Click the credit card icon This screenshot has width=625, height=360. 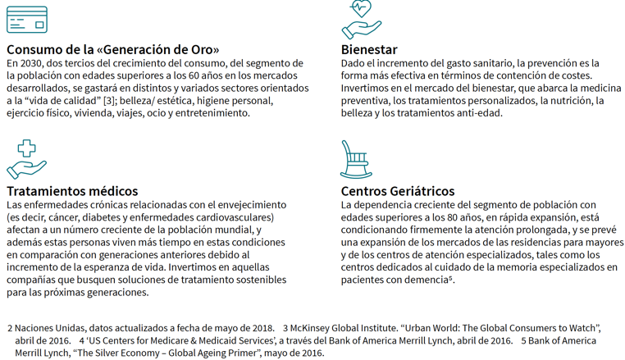[x=26, y=19]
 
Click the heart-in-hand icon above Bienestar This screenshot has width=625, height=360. [x=362, y=19]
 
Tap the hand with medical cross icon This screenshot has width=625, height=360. [x=26, y=159]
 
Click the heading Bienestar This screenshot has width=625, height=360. [x=369, y=49]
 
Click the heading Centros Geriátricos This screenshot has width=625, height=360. [x=397, y=191]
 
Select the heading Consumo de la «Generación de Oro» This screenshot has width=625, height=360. [x=113, y=49]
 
